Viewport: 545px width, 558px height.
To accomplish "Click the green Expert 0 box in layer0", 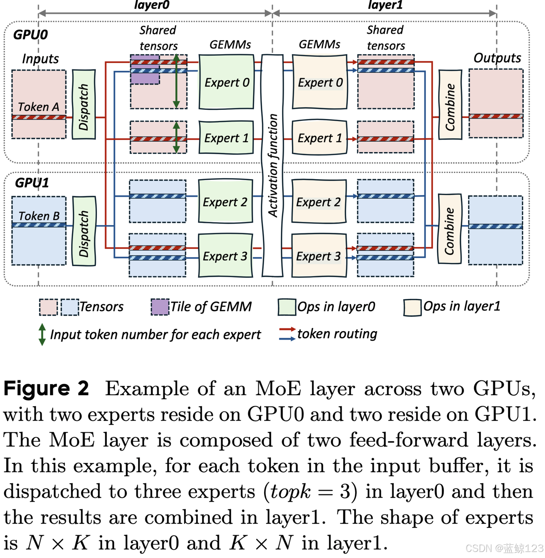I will pyautogui.click(x=226, y=82).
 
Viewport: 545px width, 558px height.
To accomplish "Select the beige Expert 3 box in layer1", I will pyautogui.click(x=319, y=256).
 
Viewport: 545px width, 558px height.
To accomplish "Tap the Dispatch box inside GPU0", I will pyautogui.click(x=84, y=105).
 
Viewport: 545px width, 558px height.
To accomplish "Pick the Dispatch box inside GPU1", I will pyautogui.click(x=84, y=231).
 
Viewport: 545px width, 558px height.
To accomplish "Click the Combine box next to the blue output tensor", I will pyautogui.click(x=450, y=229).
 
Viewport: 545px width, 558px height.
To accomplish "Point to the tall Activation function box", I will pyautogui.click(x=272, y=165).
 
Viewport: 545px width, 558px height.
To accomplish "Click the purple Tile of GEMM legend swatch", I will pyautogui.click(x=160, y=307).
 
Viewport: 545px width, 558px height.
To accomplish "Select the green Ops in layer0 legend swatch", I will pyautogui.click(x=287, y=307).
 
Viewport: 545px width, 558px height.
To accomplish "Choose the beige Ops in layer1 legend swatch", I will pyautogui.click(x=412, y=307).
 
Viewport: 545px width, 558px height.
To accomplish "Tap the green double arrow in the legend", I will pyautogui.click(x=42, y=334).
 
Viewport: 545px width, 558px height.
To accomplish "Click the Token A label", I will pyautogui.click(x=38, y=107).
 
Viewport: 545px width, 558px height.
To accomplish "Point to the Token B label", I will pyautogui.click(x=39, y=216).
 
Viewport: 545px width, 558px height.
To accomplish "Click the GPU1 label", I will pyautogui.click(x=32, y=183).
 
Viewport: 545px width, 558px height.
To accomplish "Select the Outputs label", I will pyautogui.click(x=497, y=58).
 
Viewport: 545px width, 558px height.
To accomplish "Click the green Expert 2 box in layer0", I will pyautogui.click(x=225, y=202).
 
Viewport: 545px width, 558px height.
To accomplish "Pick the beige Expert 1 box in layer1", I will pyautogui.click(x=319, y=138).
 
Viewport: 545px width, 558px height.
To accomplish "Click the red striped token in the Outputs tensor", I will pyautogui.click(x=496, y=117).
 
